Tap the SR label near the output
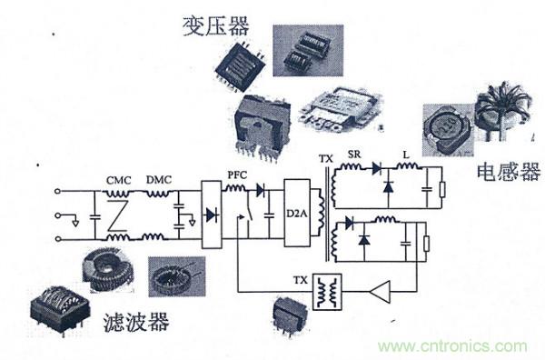pos(355,155)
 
